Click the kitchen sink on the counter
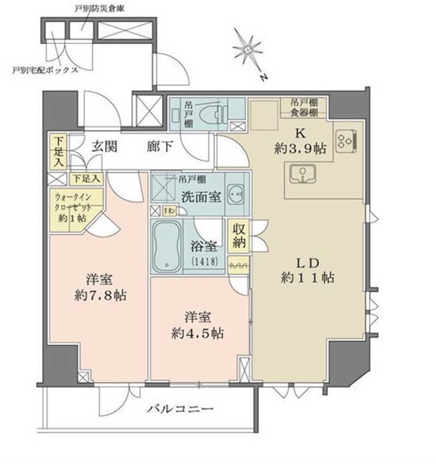pos(300,174)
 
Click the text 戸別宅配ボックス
pos(46,70)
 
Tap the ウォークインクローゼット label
pos(72,205)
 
